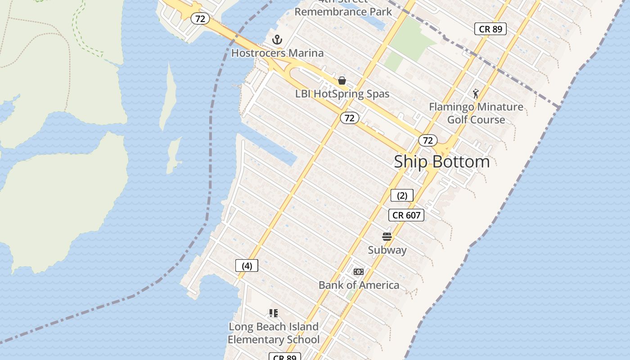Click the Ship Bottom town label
[441, 162]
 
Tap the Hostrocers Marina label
[277, 53]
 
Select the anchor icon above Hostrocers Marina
[277, 40]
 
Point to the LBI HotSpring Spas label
[342, 94]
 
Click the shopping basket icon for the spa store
[342, 81]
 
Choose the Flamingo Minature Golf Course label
[476, 113]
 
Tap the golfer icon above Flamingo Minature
[476, 94]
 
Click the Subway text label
[387, 250]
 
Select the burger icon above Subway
[387, 237]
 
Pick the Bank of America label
[359, 285]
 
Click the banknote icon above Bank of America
[359, 272]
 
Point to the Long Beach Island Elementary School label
[274, 333]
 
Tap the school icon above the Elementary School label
[273, 313]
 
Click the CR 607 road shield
[406, 215]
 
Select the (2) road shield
[402, 195]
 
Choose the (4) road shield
[247, 265]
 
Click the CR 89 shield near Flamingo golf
[490, 29]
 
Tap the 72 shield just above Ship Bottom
[428, 140]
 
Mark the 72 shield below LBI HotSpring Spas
[349, 118]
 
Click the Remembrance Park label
[343, 12]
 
